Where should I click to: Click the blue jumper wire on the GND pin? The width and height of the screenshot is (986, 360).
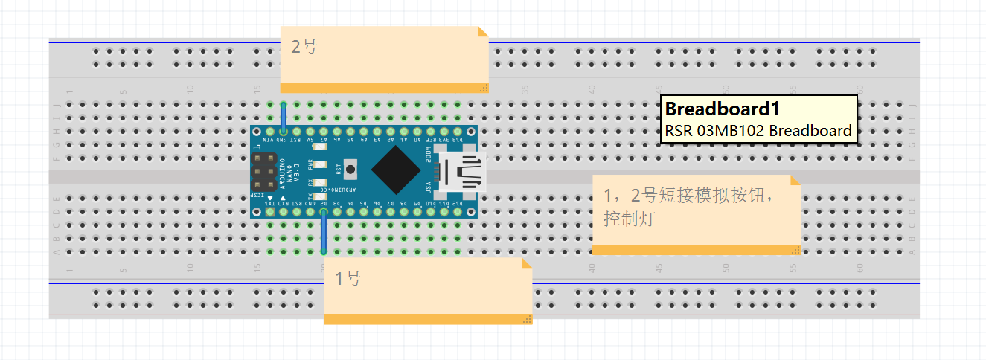coord(283,117)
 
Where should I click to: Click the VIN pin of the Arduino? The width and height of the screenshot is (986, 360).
coord(269,131)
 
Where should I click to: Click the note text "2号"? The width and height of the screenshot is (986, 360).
coord(304,47)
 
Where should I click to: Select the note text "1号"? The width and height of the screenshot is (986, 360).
coord(348,279)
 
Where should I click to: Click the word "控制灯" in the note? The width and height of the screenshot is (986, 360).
coord(629,220)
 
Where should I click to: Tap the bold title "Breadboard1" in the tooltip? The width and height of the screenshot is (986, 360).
coord(722,109)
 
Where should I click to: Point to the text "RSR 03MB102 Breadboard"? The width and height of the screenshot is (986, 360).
coord(758,131)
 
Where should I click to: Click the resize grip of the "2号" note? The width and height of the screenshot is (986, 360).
coord(484,88)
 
